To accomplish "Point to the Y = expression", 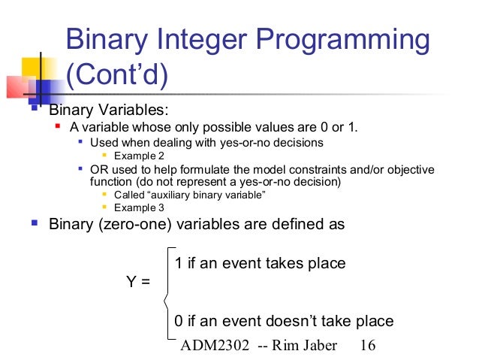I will pos(137,283).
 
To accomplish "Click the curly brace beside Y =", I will pos(167,292).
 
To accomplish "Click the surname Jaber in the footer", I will pos(326,345).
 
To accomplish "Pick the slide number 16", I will pos(367,345).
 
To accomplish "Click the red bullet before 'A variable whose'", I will pos(59,125).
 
